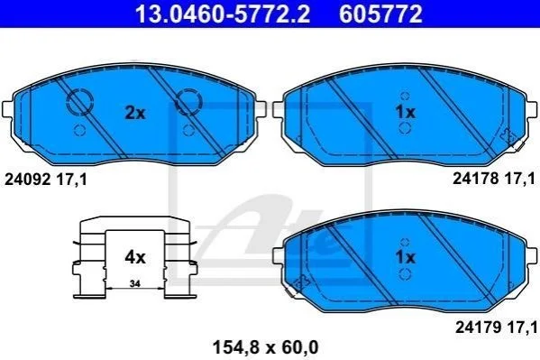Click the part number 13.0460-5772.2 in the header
(223, 14)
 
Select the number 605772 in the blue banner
(380, 14)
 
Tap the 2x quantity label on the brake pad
(135, 113)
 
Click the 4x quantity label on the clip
(135, 257)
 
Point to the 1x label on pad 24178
(406, 112)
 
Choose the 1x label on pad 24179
(406, 257)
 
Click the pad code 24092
(27, 180)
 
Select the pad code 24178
(475, 179)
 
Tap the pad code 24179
(479, 328)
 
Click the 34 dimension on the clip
(135, 284)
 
